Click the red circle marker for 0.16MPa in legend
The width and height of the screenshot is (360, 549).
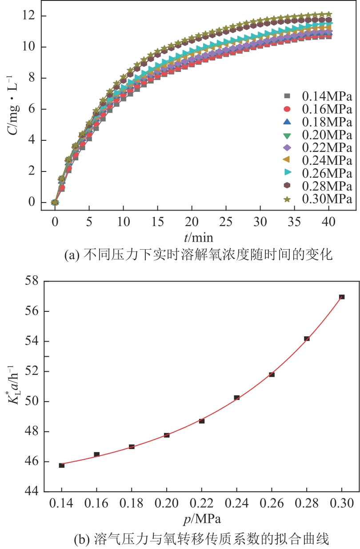pos(287,109)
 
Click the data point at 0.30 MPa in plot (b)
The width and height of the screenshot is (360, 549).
pos(341,297)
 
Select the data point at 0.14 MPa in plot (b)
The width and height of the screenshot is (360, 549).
pos(62,465)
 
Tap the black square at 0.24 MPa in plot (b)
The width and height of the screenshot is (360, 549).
pos(237,398)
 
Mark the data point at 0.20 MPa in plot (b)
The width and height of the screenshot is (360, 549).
pos(167,435)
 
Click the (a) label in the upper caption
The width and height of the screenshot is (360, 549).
pos(71,255)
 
